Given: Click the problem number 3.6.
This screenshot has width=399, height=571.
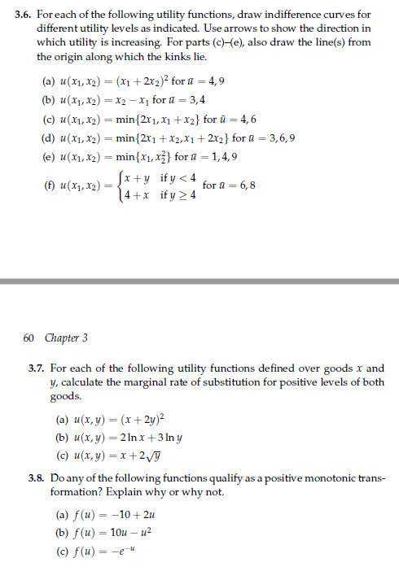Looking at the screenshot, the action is point(23,15).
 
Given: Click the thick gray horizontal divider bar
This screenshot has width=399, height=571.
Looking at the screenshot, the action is point(199,281).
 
